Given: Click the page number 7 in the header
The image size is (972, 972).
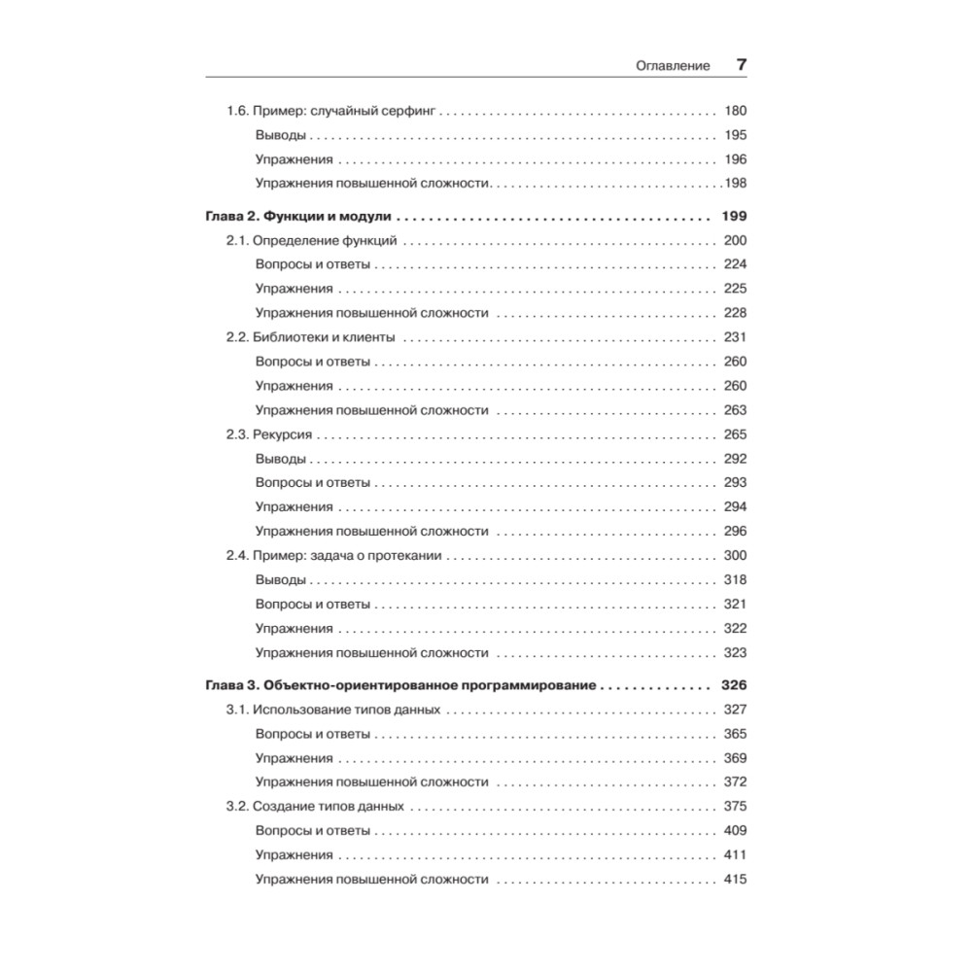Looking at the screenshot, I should pyautogui.click(x=741, y=65).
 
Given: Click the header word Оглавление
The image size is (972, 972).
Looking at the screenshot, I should pyautogui.click(x=672, y=66).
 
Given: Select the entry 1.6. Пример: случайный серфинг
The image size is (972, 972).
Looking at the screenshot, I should pyautogui.click(x=331, y=112).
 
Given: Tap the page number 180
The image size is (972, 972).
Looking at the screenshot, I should pyautogui.click(x=735, y=112).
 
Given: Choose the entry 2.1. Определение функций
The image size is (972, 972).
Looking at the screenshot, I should pyautogui.click(x=318, y=240).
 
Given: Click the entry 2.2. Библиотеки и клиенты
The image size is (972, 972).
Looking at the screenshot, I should pyautogui.click(x=311, y=337).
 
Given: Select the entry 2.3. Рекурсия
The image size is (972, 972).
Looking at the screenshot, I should pyautogui.click(x=276, y=434).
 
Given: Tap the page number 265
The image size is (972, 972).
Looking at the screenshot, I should pyautogui.click(x=735, y=434).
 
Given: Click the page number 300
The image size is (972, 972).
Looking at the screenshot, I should pyautogui.click(x=735, y=555).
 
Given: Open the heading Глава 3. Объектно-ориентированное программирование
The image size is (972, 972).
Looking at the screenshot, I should pyautogui.click(x=400, y=685).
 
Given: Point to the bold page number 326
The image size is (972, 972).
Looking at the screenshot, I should pyautogui.click(x=734, y=685).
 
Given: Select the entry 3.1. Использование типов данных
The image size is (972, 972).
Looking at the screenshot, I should pyautogui.click(x=334, y=710).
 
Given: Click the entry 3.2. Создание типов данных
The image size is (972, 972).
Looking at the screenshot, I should pyautogui.click(x=316, y=807).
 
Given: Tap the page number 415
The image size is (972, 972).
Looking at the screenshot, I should pyautogui.click(x=735, y=880).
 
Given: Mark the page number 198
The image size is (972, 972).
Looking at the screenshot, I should pyautogui.click(x=735, y=184).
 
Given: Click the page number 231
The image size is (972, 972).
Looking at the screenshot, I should pyautogui.click(x=735, y=337).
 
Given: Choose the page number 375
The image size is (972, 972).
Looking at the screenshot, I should pyautogui.click(x=735, y=807).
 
